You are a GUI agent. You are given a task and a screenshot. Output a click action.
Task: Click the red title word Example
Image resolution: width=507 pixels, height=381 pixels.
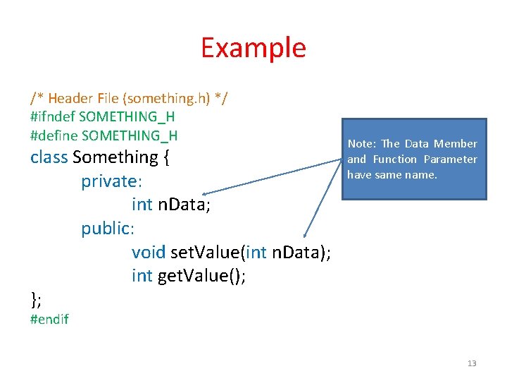point(253,48)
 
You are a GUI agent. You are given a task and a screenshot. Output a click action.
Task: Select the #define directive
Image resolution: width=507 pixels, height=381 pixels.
point(54,135)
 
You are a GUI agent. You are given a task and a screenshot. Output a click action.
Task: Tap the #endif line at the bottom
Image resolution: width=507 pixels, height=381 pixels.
point(49,320)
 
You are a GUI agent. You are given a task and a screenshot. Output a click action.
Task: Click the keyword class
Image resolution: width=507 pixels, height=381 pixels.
point(49,157)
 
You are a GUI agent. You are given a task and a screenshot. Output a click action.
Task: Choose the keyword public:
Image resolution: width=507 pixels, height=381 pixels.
point(108,229)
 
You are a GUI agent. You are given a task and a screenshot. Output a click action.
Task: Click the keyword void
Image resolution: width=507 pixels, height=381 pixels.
point(149,253)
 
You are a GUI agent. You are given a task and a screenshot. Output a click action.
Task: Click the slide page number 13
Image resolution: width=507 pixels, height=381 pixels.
point(472,363)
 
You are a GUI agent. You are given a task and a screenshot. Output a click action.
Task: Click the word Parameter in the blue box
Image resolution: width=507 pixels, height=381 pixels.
point(450,159)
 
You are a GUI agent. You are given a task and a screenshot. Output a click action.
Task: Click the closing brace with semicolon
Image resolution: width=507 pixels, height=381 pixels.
point(37,300)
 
